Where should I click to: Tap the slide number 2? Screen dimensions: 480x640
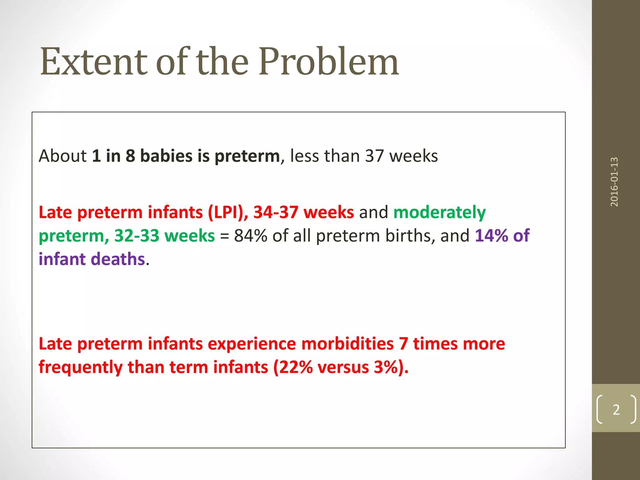point(616,410)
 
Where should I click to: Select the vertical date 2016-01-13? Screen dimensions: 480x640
point(614,182)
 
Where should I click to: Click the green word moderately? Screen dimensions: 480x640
point(439,212)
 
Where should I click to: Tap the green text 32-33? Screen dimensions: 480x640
point(137,236)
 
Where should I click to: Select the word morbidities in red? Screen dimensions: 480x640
point(347,344)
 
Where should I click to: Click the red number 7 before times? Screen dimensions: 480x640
point(403,344)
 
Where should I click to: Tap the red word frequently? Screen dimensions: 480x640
point(81,367)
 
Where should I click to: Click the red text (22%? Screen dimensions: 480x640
point(293,367)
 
